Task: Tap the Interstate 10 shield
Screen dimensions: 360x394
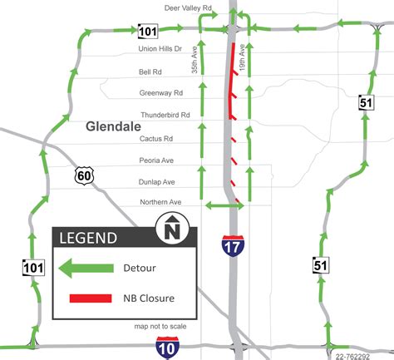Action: [x=166, y=348]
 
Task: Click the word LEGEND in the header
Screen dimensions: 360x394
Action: [x=87, y=238]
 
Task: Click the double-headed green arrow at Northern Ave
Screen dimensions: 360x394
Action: [x=224, y=205]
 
